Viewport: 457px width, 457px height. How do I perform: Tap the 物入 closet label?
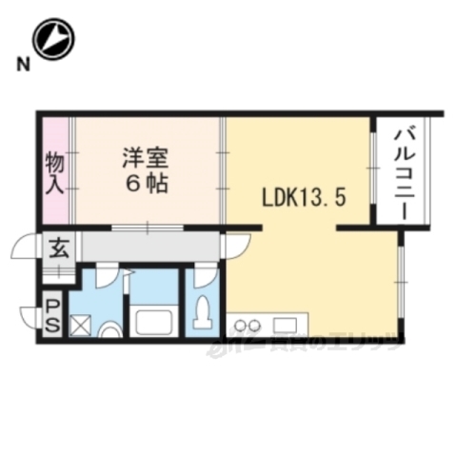click(55, 172)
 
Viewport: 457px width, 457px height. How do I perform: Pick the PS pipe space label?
click(53, 314)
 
